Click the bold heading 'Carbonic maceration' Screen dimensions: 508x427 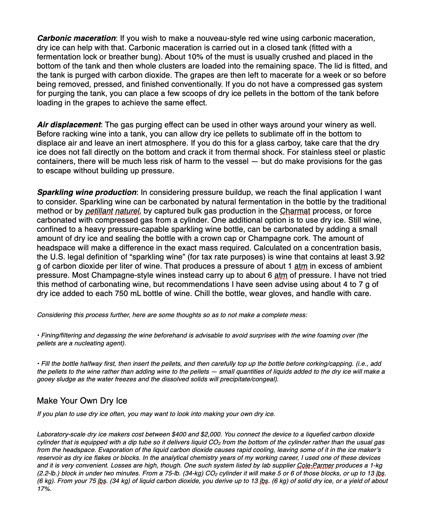click(76, 38)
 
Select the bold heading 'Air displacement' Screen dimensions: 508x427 click(69, 125)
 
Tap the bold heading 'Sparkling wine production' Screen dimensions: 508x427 click(87, 192)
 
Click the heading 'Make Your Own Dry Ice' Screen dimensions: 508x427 click(82, 400)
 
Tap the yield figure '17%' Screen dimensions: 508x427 click(44, 489)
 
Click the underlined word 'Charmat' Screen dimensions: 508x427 click(295, 211)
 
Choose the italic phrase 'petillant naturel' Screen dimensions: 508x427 click(113, 211)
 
